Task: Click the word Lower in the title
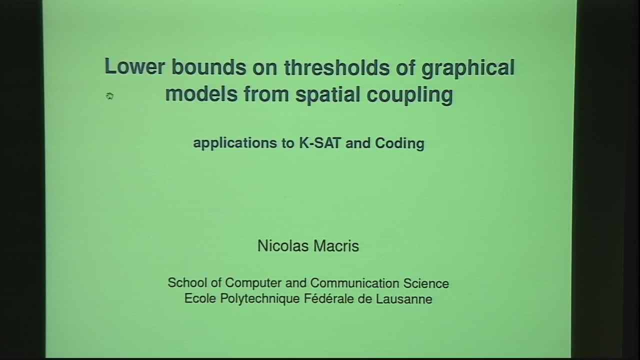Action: tap(133, 66)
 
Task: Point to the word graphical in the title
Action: tap(467, 68)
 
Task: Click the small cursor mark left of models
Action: tap(110, 96)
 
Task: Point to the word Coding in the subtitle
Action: tap(399, 143)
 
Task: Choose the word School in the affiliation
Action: tap(187, 283)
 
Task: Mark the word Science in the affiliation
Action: tap(426, 283)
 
